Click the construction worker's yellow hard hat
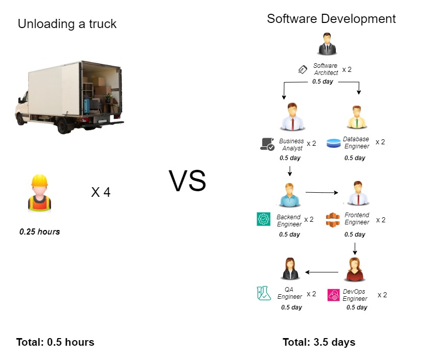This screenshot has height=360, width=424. pyautogui.click(x=39, y=181)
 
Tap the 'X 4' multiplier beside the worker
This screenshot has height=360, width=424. pyautogui.click(x=101, y=192)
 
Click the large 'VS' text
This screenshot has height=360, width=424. pyautogui.click(x=187, y=181)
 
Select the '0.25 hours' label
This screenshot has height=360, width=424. pyautogui.click(x=39, y=232)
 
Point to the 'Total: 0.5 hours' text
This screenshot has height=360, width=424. pyautogui.click(x=55, y=342)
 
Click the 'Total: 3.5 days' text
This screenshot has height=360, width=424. pyautogui.click(x=319, y=342)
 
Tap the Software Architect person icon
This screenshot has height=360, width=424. pyautogui.click(x=327, y=44)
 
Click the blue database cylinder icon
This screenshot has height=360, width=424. pyautogui.click(x=333, y=143)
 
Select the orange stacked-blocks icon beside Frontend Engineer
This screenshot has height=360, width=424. pyautogui.click(x=333, y=220)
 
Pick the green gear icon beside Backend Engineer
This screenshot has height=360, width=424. pyautogui.click(x=263, y=219)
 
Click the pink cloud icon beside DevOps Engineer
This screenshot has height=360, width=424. pyautogui.click(x=333, y=295)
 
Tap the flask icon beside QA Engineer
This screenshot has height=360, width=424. pyautogui.click(x=264, y=293)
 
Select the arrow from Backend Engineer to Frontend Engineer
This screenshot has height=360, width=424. pyautogui.click(x=322, y=192)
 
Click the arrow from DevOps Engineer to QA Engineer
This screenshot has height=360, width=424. pyautogui.click(x=321, y=272)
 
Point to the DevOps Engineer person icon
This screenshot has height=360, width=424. pyautogui.click(x=355, y=269)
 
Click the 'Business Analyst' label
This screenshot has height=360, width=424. pyautogui.click(x=291, y=145)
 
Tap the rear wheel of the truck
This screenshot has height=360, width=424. pyautogui.click(x=64, y=126)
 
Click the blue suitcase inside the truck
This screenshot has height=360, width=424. pyautogui.click(x=87, y=106)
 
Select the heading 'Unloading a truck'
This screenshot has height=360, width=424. pyautogui.click(x=67, y=24)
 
